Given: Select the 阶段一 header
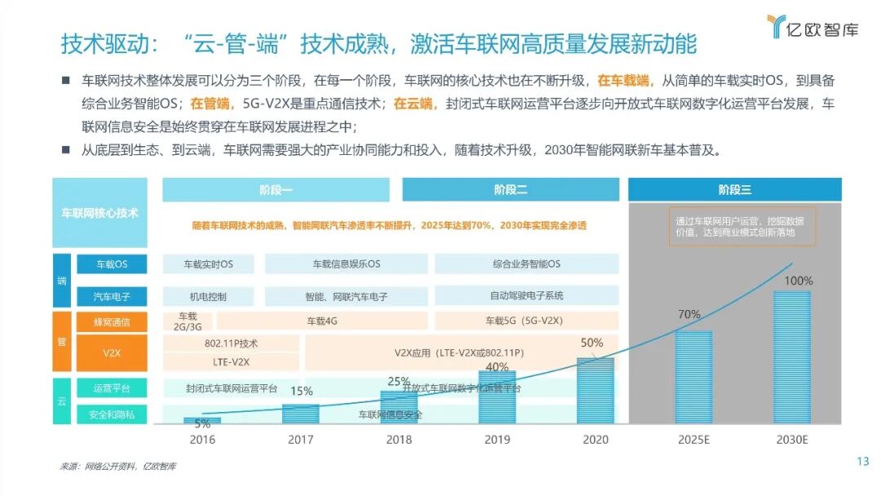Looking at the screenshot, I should click(x=276, y=190).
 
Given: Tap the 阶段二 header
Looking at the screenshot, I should click(x=511, y=190).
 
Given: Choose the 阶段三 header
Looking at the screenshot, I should click(x=734, y=190).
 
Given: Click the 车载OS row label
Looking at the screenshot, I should click(x=112, y=264).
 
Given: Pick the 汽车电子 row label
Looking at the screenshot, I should click(x=112, y=296).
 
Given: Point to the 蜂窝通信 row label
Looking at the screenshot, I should click(x=112, y=322).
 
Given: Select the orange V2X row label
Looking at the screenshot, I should click(x=112, y=354).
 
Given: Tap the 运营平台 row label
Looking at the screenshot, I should click(x=112, y=388).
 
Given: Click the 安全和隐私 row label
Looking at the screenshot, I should click(x=112, y=414).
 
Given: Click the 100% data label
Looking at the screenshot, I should click(x=799, y=281).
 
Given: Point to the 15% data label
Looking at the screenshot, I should click(x=301, y=391).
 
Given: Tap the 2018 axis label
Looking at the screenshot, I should click(x=399, y=439).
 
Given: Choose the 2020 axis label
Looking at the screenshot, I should click(x=595, y=439).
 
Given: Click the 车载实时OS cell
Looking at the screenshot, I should click(x=208, y=264).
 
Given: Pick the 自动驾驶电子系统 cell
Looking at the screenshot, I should click(x=526, y=295).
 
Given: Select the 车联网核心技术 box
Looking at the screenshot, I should click(x=100, y=213).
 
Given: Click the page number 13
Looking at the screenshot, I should click(x=863, y=462).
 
